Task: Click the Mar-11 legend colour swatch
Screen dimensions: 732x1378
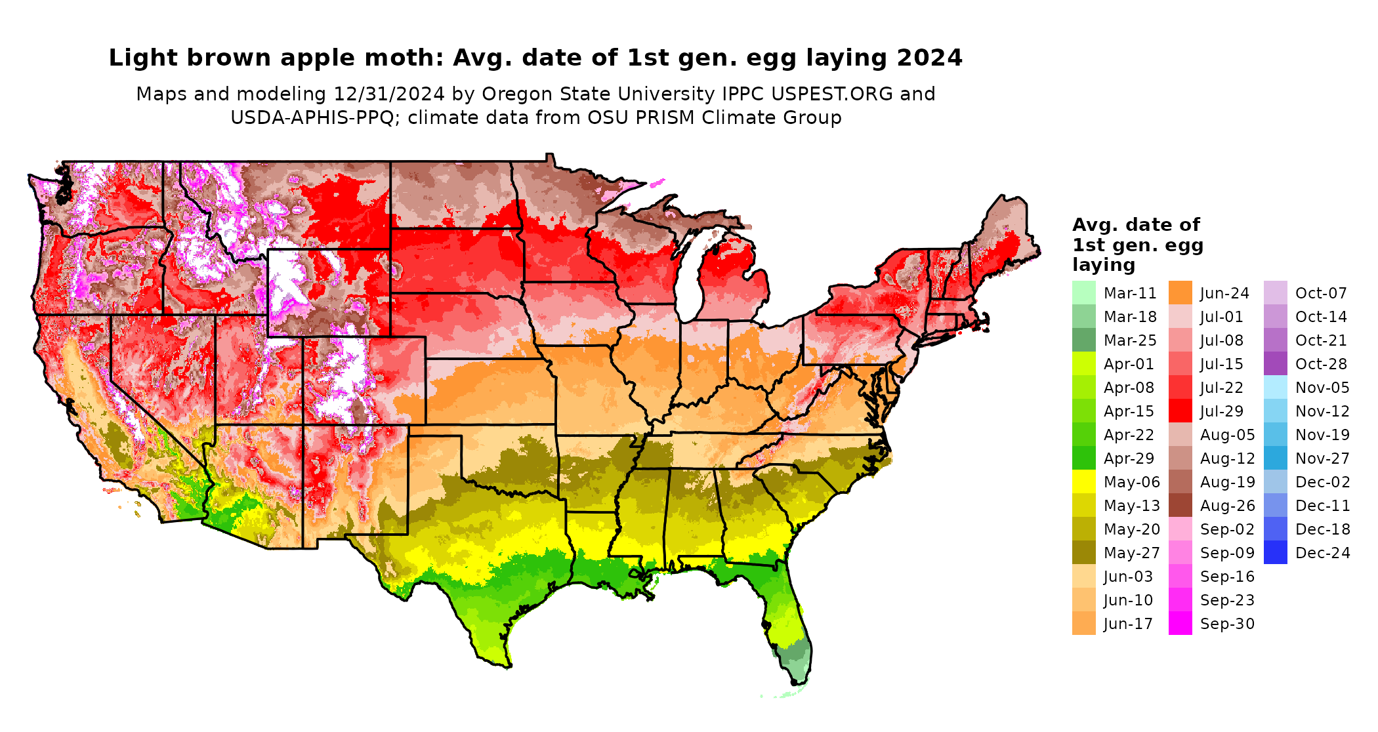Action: coord(1083,293)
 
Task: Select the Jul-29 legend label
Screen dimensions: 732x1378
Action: coord(1222,411)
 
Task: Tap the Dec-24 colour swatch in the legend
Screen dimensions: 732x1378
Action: coord(1275,553)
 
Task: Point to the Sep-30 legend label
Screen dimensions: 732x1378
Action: coord(1227,624)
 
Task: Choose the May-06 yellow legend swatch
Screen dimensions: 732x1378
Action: coord(1083,482)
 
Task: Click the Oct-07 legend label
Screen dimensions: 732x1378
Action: coord(1321,293)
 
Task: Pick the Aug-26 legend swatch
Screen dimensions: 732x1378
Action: coord(1180,506)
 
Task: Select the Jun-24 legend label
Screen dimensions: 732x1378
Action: coord(1224,293)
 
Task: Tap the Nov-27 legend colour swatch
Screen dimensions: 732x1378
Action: coord(1275,458)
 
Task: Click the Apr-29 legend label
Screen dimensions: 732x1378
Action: coord(1129,458)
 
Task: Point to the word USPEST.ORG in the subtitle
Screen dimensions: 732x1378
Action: coord(832,94)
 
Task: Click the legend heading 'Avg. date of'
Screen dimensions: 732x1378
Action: coord(1136,225)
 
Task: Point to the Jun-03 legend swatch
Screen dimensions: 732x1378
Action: coord(1083,577)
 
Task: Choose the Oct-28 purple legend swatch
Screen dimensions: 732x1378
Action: coord(1275,364)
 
